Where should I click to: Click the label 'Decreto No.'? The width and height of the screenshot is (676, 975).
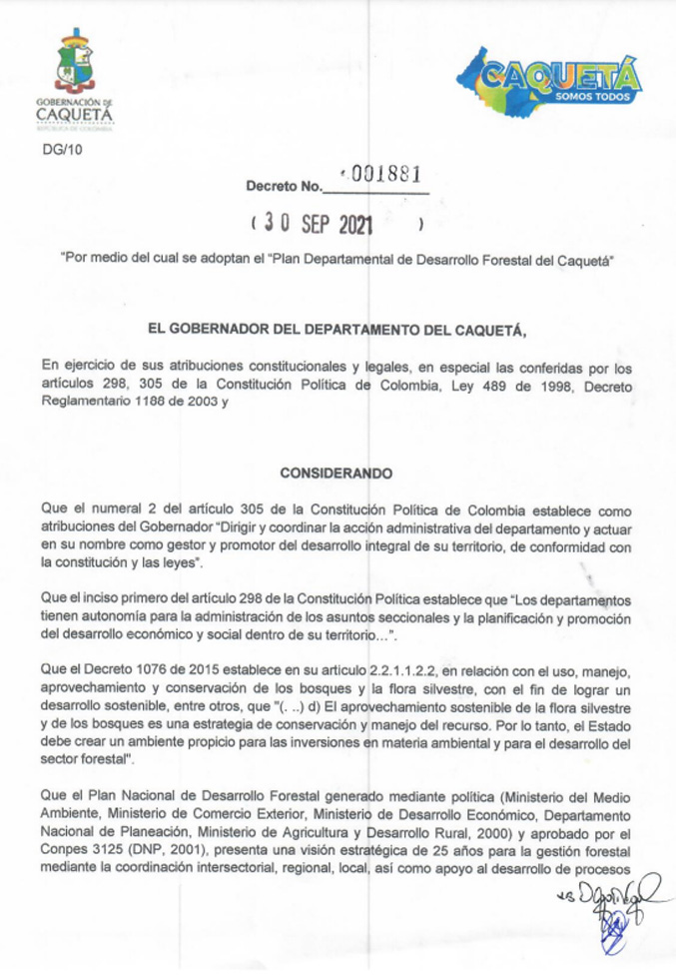click(x=285, y=186)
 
